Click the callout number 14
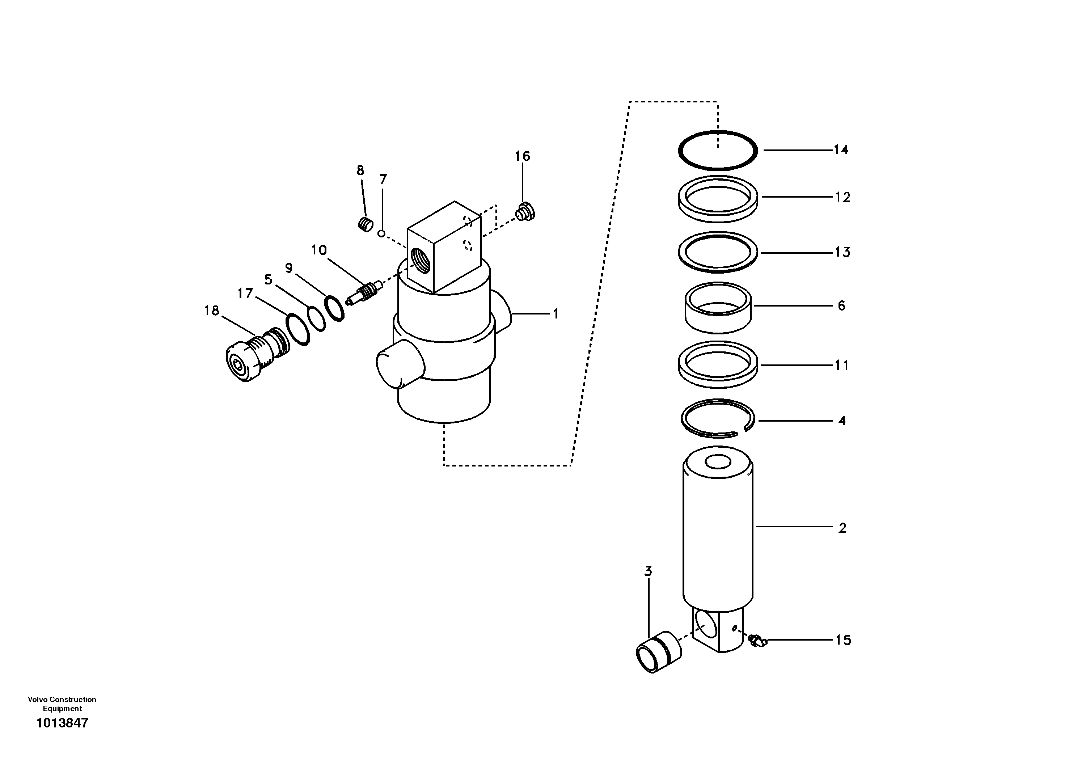pyautogui.click(x=841, y=150)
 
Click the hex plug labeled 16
pyautogui.click(x=525, y=212)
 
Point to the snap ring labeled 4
pyautogui.click(x=718, y=418)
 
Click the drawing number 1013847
pyautogui.click(x=62, y=723)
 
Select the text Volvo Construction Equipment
pyautogui.click(x=62, y=704)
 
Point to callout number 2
pyautogui.click(x=842, y=528)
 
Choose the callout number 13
pyautogui.click(x=842, y=252)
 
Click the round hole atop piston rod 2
pyautogui.click(x=718, y=463)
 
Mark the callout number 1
pyautogui.click(x=556, y=314)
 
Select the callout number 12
pyautogui.click(x=842, y=198)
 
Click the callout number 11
pyautogui.click(x=842, y=365)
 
